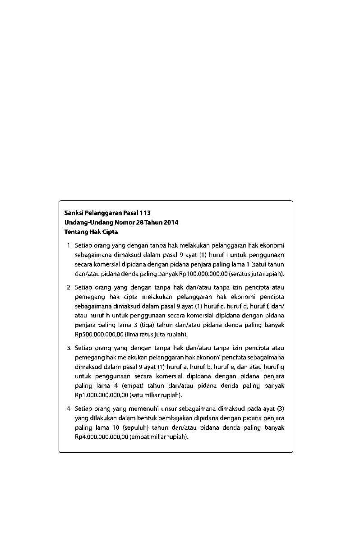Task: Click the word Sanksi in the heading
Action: [73, 213]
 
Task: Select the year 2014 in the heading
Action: [171, 222]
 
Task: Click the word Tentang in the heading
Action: [75, 232]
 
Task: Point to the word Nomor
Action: [118, 222]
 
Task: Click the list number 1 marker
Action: [69, 246]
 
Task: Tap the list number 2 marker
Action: [69, 287]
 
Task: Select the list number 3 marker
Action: [69, 348]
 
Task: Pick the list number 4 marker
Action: [69, 409]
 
